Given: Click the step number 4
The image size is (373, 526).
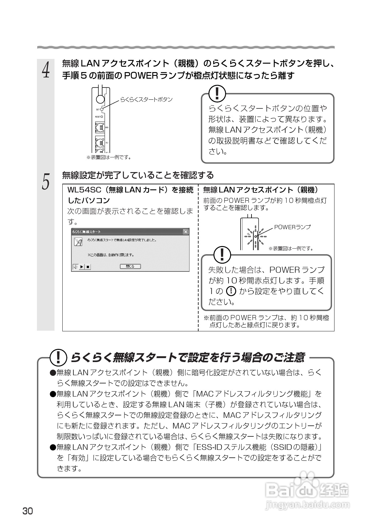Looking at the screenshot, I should click(x=46, y=69).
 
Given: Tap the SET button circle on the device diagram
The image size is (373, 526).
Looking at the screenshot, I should click(x=102, y=109).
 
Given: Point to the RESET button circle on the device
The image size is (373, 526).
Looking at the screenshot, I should click(x=102, y=117).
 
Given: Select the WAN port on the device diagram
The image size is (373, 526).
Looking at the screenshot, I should click(x=100, y=128).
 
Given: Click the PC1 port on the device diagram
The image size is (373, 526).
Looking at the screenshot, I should click(x=100, y=143).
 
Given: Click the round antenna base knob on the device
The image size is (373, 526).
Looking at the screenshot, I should click(x=100, y=99).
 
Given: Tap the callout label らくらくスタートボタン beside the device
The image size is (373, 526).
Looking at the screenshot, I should click(x=147, y=99).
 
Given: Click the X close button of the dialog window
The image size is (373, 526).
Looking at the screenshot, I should click(x=186, y=232).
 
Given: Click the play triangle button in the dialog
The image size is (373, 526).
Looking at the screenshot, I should click(x=82, y=267).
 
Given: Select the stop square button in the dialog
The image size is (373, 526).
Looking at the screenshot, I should click(x=88, y=267).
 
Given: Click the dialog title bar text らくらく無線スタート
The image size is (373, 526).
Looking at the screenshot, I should click(x=86, y=232).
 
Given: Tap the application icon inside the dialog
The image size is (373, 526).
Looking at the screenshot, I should click(x=78, y=242).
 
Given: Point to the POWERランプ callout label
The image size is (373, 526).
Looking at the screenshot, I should click(x=292, y=227).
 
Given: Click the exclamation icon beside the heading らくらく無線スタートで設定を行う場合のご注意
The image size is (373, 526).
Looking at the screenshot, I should click(x=58, y=358).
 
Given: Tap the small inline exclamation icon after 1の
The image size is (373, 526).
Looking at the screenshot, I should click(x=231, y=291).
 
